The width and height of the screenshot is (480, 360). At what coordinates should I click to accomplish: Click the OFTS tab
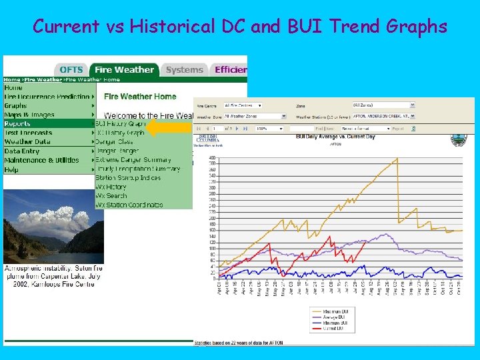[x=71, y=69]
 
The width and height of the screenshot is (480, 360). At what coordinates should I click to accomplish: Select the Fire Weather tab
[x=124, y=69]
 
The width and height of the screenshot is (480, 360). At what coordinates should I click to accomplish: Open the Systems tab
[x=184, y=69]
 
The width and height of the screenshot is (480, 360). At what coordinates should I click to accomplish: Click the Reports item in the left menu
[x=17, y=123]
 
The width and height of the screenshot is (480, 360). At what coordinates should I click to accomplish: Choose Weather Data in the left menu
[x=27, y=141]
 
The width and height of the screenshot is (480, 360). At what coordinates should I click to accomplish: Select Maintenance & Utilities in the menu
[x=41, y=160]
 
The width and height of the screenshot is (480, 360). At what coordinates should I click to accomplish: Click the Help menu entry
[x=11, y=169]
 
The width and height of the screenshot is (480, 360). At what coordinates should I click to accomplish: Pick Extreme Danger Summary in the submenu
[x=133, y=160]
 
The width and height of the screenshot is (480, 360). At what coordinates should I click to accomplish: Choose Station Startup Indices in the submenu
[x=128, y=178]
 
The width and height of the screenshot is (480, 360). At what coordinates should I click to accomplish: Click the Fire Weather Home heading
[x=140, y=97]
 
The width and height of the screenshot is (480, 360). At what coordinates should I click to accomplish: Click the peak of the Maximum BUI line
[x=397, y=158]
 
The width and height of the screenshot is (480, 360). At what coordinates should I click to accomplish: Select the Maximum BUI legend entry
[x=333, y=311]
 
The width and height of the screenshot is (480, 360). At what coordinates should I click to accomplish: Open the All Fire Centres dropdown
[x=243, y=105]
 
